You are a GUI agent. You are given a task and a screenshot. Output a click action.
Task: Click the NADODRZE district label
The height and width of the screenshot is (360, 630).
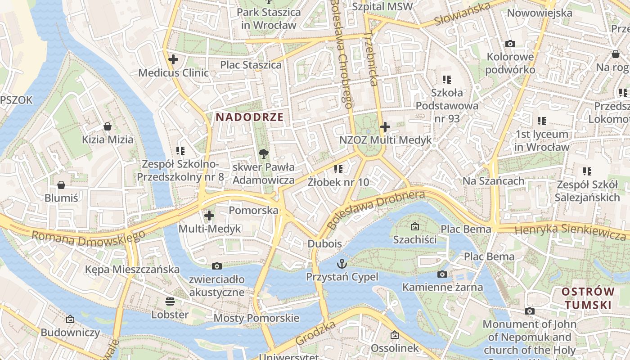point(249,117)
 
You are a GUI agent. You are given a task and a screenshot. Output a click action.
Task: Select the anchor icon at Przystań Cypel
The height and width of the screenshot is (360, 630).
point(342,263)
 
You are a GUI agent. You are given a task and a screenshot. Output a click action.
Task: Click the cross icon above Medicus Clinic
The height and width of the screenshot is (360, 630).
point(173,59)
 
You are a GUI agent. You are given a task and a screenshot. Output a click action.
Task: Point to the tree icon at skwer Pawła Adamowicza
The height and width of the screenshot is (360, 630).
point(264,154)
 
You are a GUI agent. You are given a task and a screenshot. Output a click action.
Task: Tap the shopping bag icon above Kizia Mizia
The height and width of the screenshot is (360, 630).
point(108,126)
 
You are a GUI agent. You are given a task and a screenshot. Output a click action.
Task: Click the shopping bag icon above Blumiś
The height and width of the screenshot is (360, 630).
point(61,185)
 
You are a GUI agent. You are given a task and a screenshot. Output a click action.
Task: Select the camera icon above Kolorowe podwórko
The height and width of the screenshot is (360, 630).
point(510,44)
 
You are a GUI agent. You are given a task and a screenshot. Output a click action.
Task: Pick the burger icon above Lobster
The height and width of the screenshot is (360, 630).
point(170,301)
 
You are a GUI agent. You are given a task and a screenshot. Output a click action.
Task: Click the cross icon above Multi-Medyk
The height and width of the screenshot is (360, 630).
point(209,216)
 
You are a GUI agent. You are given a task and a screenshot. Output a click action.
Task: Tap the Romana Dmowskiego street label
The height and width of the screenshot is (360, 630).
point(88,238)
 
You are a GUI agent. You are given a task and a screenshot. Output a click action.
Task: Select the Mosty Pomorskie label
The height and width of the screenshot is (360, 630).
point(256,318)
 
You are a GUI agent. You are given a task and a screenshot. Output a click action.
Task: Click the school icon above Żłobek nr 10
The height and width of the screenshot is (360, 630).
point(338,169)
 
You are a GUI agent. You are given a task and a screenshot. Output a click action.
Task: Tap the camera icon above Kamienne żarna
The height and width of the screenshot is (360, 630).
point(442,274)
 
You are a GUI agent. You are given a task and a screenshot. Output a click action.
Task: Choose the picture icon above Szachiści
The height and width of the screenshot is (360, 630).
point(414,226)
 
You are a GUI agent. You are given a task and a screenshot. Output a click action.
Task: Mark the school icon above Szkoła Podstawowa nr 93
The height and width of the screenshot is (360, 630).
point(446,80)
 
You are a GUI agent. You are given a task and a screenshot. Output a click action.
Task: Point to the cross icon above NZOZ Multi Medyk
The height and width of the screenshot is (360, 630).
point(385,127)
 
